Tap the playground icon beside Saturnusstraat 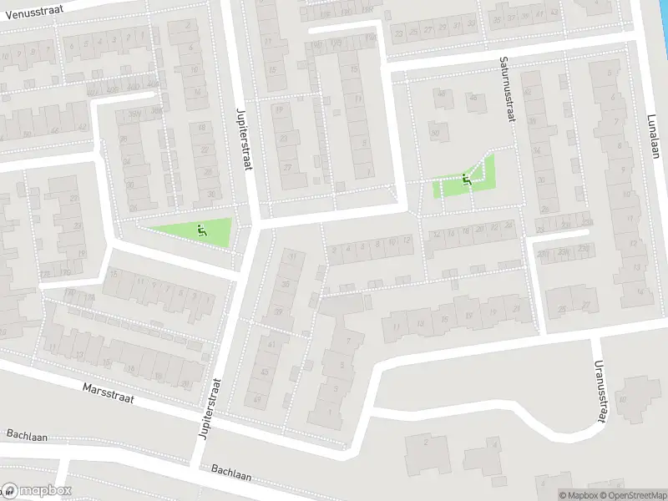click(x=466, y=177)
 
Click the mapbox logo click(x=37, y=491)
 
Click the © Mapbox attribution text click(x=579, y=495)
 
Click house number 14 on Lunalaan click(x=640, y=291)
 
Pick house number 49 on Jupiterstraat click(x=257, y=399)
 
